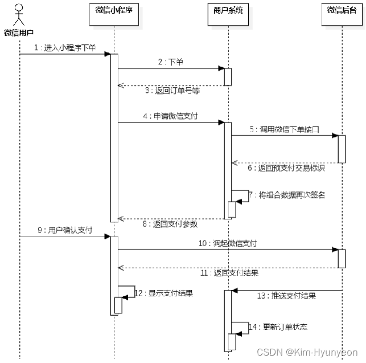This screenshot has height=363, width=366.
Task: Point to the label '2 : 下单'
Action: [171, 62]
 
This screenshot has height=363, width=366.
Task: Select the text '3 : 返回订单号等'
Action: [171, 91]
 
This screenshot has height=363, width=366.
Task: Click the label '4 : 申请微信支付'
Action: [171, 116]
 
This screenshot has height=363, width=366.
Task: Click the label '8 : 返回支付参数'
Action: [171, 224]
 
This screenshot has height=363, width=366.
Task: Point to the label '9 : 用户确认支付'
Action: [63, 230]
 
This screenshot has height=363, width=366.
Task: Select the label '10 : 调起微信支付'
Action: [228, 243]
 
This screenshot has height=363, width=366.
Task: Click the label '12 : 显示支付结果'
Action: [164, 293]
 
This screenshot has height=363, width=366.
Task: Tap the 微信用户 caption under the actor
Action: [19, 32]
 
